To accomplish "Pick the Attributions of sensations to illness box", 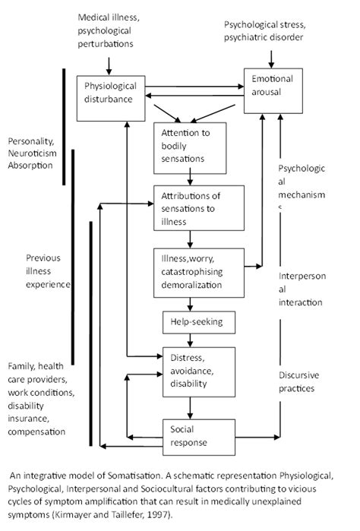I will pos(198,208).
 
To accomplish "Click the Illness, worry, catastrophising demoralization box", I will pos(197,270).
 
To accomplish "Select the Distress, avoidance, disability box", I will pos(197,370).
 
